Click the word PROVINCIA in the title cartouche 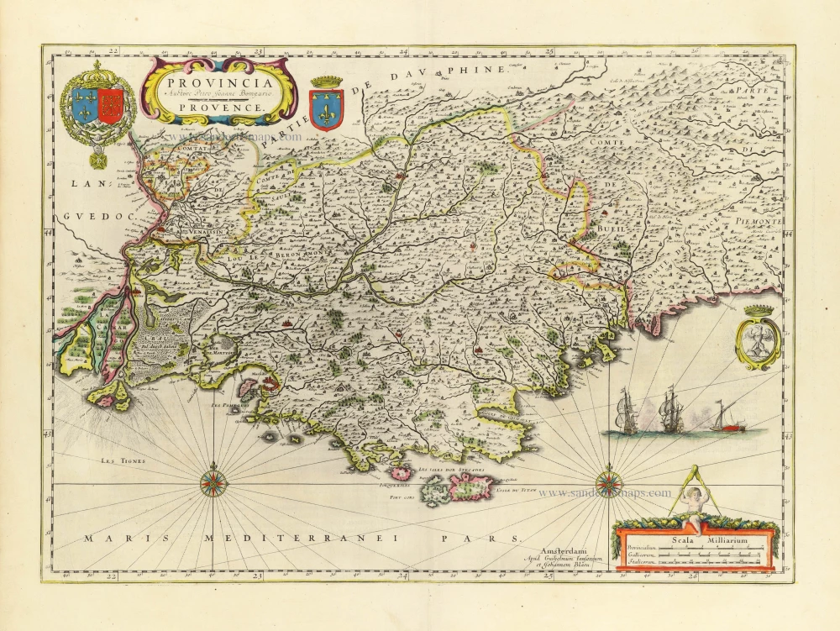[218, 82]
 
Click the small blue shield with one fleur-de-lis [327, 108]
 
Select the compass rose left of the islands [213, 484]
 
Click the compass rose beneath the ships [609, 483]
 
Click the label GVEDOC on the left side [87, 217]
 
